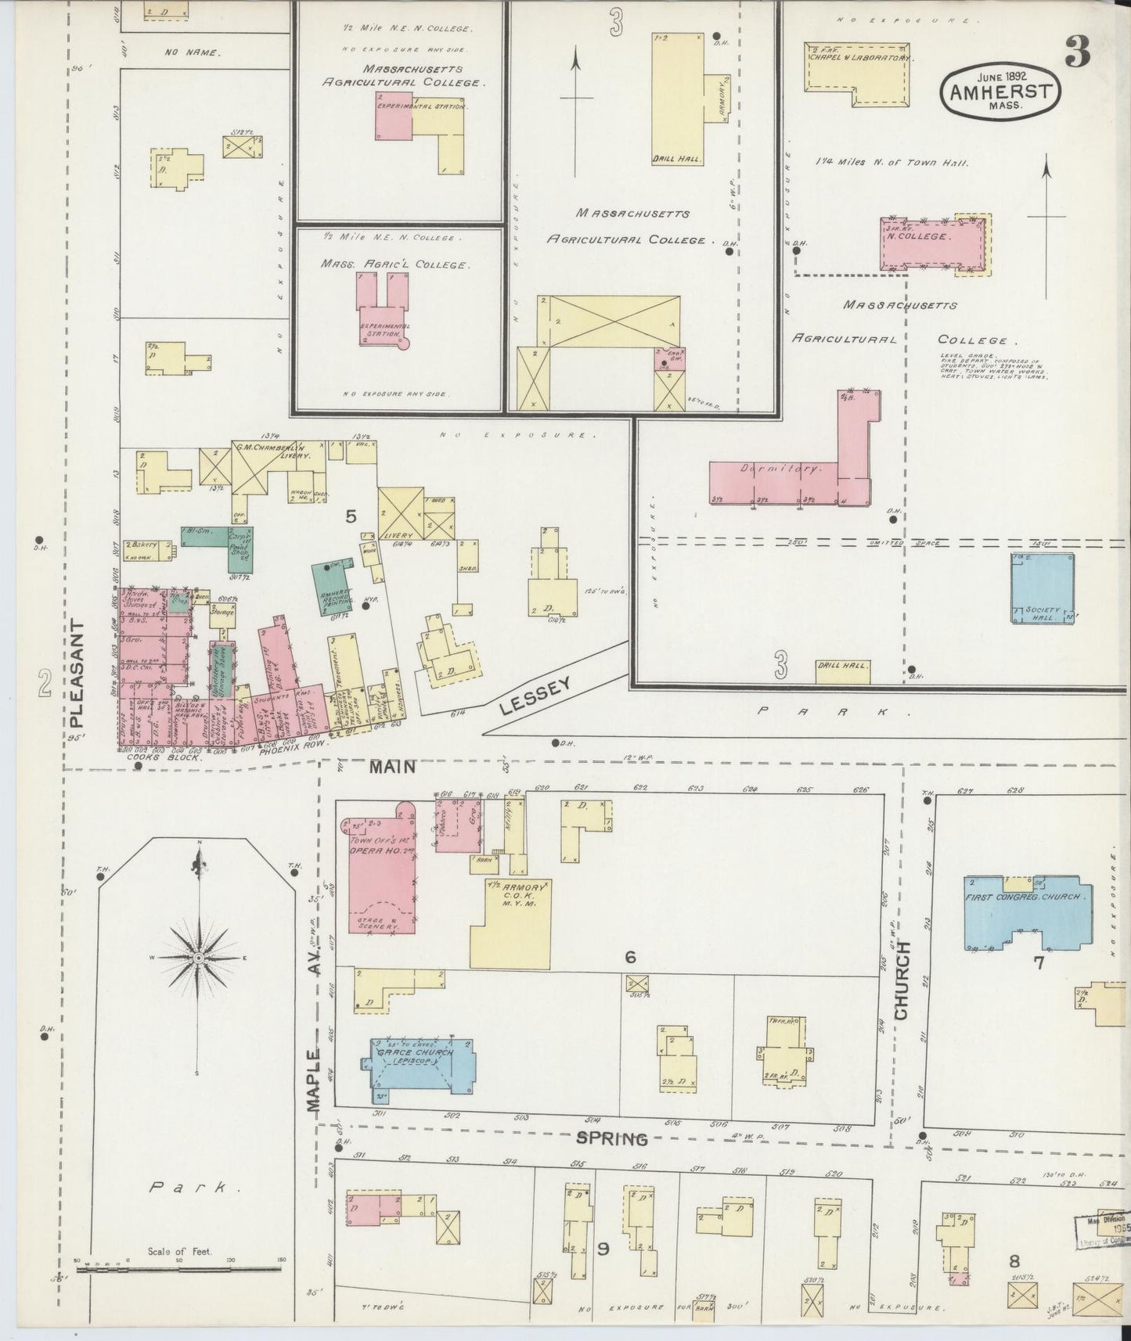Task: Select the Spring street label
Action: coord(613,1138)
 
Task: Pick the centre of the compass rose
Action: coord(200,957)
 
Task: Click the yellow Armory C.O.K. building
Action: coord(513,919)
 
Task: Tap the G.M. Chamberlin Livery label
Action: coord(271,451)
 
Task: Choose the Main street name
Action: coord(391,768)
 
